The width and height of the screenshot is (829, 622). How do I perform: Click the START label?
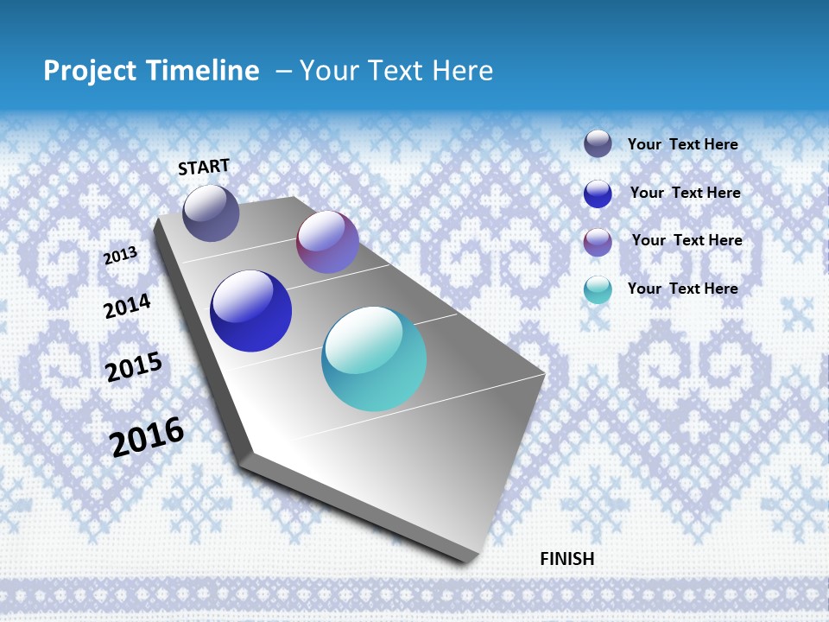[204, 167]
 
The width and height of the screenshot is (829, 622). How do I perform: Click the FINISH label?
[567, 559]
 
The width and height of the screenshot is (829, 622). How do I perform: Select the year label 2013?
[121, 256]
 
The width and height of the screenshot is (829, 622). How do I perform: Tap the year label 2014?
[127, 306]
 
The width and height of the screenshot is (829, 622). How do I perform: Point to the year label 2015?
[134, 366]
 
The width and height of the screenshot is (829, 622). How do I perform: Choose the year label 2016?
[148, 436]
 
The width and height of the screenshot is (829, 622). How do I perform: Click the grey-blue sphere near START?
[211, 213]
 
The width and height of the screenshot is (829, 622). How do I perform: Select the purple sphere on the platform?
[327, 242]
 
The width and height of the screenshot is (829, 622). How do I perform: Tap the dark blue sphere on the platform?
[251, 311]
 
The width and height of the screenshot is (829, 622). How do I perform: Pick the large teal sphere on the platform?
[374, 359]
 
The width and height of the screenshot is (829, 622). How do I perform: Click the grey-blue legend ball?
[598, 143]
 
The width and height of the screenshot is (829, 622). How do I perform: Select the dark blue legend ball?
[598, 194]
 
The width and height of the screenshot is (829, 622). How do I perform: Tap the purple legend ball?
[598, 242]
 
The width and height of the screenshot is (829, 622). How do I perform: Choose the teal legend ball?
[598, 289]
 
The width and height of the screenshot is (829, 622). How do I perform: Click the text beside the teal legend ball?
[682, 289]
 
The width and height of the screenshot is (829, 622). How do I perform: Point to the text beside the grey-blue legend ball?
[682, 144]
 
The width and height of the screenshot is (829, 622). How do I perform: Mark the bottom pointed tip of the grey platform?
[466, 562]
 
